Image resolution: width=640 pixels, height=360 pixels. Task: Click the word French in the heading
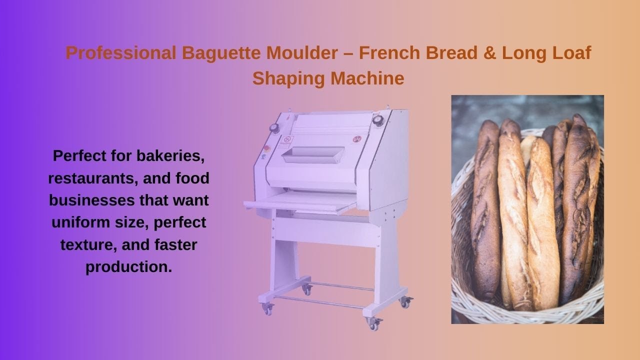[x=388, y=53]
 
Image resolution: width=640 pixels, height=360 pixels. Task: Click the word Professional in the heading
[x=120, y=53]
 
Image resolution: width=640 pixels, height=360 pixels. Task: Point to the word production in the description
[x=128, y=266]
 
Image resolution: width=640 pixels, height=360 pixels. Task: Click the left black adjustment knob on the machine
[x=274, y=127]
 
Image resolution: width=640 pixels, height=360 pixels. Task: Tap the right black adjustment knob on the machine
[x=377, y=120]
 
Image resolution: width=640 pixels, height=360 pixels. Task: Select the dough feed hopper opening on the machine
[x=312, y=154]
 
